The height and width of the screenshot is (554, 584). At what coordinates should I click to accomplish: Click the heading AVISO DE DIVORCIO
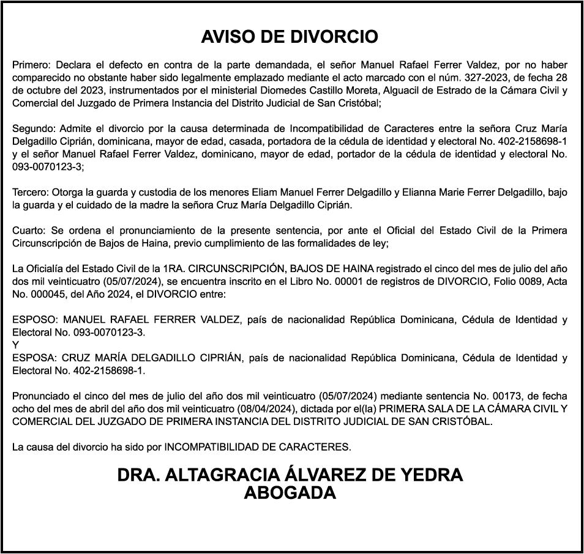click(290, 37)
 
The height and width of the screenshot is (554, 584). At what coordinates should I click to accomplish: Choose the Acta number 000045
click(47, 294)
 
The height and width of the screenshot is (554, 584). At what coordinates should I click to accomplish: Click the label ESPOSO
click(34, 319)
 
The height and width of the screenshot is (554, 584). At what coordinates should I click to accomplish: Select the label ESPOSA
click(34, 358)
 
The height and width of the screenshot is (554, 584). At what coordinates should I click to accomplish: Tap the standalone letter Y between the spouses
click(15, 345)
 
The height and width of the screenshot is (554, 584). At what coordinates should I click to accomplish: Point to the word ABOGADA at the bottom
click(290, 492)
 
